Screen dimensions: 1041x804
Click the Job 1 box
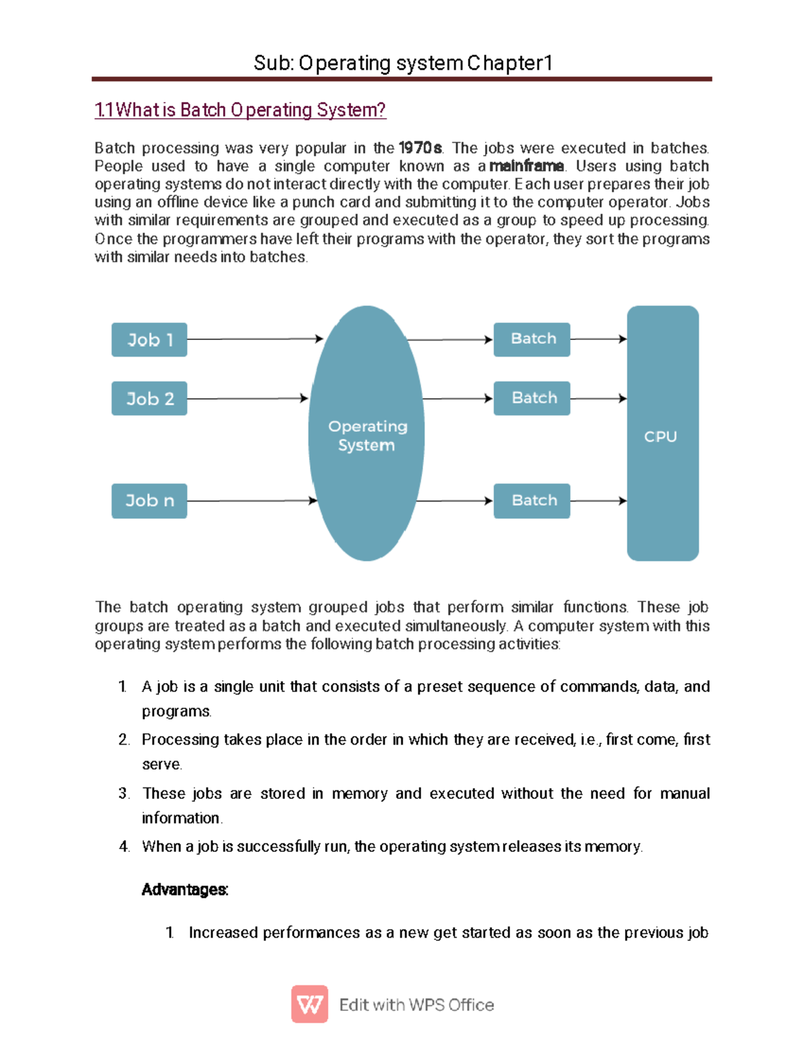[149, 340]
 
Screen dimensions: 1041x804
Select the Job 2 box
[149, 399]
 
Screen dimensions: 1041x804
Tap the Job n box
[149, 501]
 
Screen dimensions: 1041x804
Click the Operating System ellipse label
[367, 436]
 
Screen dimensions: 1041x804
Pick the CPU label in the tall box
[661, 437]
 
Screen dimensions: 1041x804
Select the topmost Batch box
[532, 339]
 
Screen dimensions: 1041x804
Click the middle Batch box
[532, 398]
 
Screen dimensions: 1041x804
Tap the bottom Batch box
[532, 501]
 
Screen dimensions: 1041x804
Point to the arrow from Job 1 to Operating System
[255, 339]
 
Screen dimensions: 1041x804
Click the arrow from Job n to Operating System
[251, 501]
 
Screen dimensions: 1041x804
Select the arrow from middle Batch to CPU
[598, 399]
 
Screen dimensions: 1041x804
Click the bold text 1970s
[420, 148]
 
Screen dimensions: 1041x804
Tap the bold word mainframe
[527, 166]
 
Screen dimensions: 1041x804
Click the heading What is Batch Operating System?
[241, 110]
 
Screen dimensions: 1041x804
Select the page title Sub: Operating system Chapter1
[403, 63]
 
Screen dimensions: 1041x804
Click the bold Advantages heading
[185, 890]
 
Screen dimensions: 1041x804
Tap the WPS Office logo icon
[310, 1004]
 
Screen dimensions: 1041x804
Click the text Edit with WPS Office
[417, 1005]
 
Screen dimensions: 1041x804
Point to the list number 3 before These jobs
[123, 794]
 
